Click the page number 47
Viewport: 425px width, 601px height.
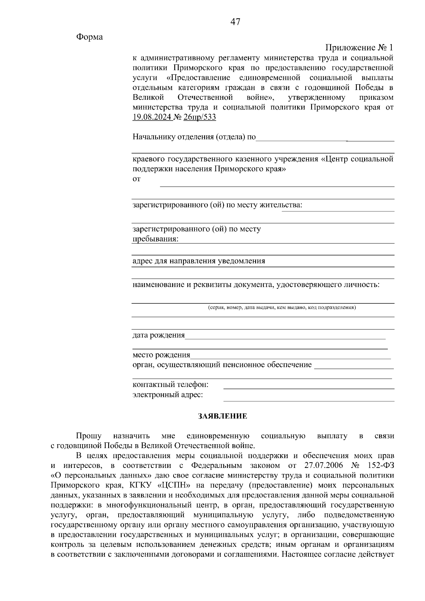point(235,22)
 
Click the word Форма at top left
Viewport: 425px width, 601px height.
point(89,37)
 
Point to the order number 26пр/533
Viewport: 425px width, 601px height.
point(199,117)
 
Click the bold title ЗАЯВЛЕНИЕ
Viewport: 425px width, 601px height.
point(222,416)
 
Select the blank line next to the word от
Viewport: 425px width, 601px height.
point(277,185)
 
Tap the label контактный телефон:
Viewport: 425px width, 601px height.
point(170,384)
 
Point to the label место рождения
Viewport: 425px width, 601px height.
point(161,355)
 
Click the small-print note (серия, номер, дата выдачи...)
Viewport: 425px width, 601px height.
point(282,307)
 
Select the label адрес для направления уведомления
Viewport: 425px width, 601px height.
point(199,261)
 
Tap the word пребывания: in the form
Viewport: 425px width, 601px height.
point(155,239)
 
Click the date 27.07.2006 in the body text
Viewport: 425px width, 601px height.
point(324,465)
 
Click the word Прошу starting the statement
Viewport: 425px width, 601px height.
point(89,436)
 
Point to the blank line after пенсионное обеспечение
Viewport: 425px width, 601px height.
point(354,368)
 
